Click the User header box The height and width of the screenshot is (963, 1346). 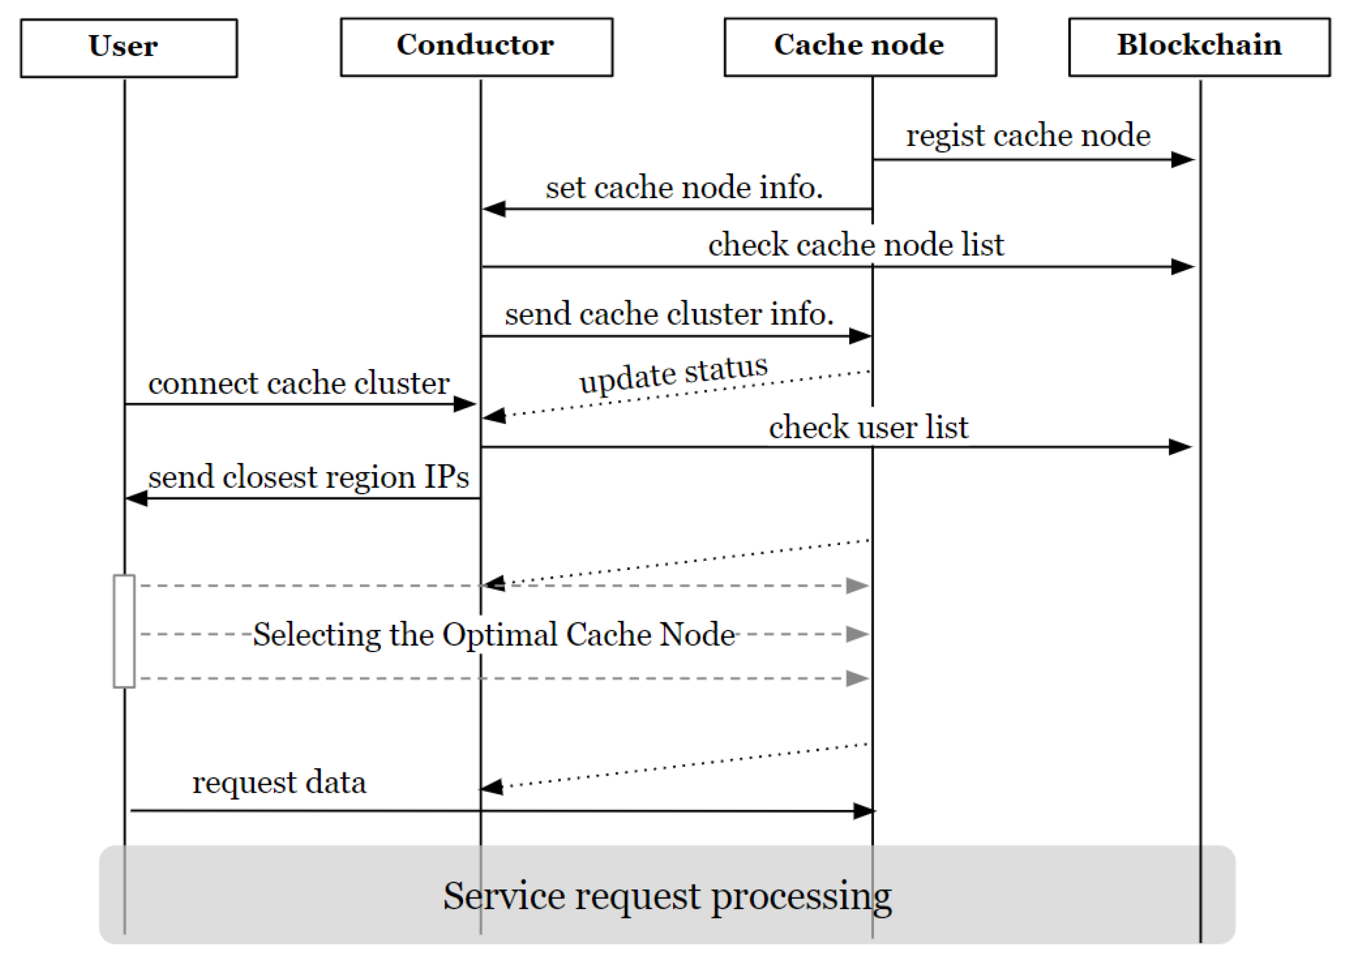click(129, 47)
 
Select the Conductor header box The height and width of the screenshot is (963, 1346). click(476, 47)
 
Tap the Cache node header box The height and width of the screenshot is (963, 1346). click(860, 47)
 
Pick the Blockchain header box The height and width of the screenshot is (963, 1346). click(1199, 47)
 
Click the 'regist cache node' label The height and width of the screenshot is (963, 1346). click(1027, 135)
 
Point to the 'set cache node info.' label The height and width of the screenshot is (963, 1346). click(684, 188)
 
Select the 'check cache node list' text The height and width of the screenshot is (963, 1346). click(856, 245)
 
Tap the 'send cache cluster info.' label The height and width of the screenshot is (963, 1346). click(669, 314)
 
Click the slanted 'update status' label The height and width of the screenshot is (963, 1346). click(674, 374)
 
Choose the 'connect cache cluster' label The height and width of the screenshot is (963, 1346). click(298, 383)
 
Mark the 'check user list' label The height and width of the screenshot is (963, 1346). click(868, 428)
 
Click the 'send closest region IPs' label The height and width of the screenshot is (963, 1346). click(308, 477)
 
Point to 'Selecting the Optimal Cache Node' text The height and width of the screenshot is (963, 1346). click(493, 634)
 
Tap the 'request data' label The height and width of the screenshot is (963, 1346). click(279, 782)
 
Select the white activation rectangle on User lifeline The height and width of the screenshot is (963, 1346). click(124, 631)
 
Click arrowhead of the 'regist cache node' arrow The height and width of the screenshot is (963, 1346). click(1182, 160)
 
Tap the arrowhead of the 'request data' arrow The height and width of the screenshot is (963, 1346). click(863, 810)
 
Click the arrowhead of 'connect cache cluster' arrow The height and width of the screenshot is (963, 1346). click(465, 404)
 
